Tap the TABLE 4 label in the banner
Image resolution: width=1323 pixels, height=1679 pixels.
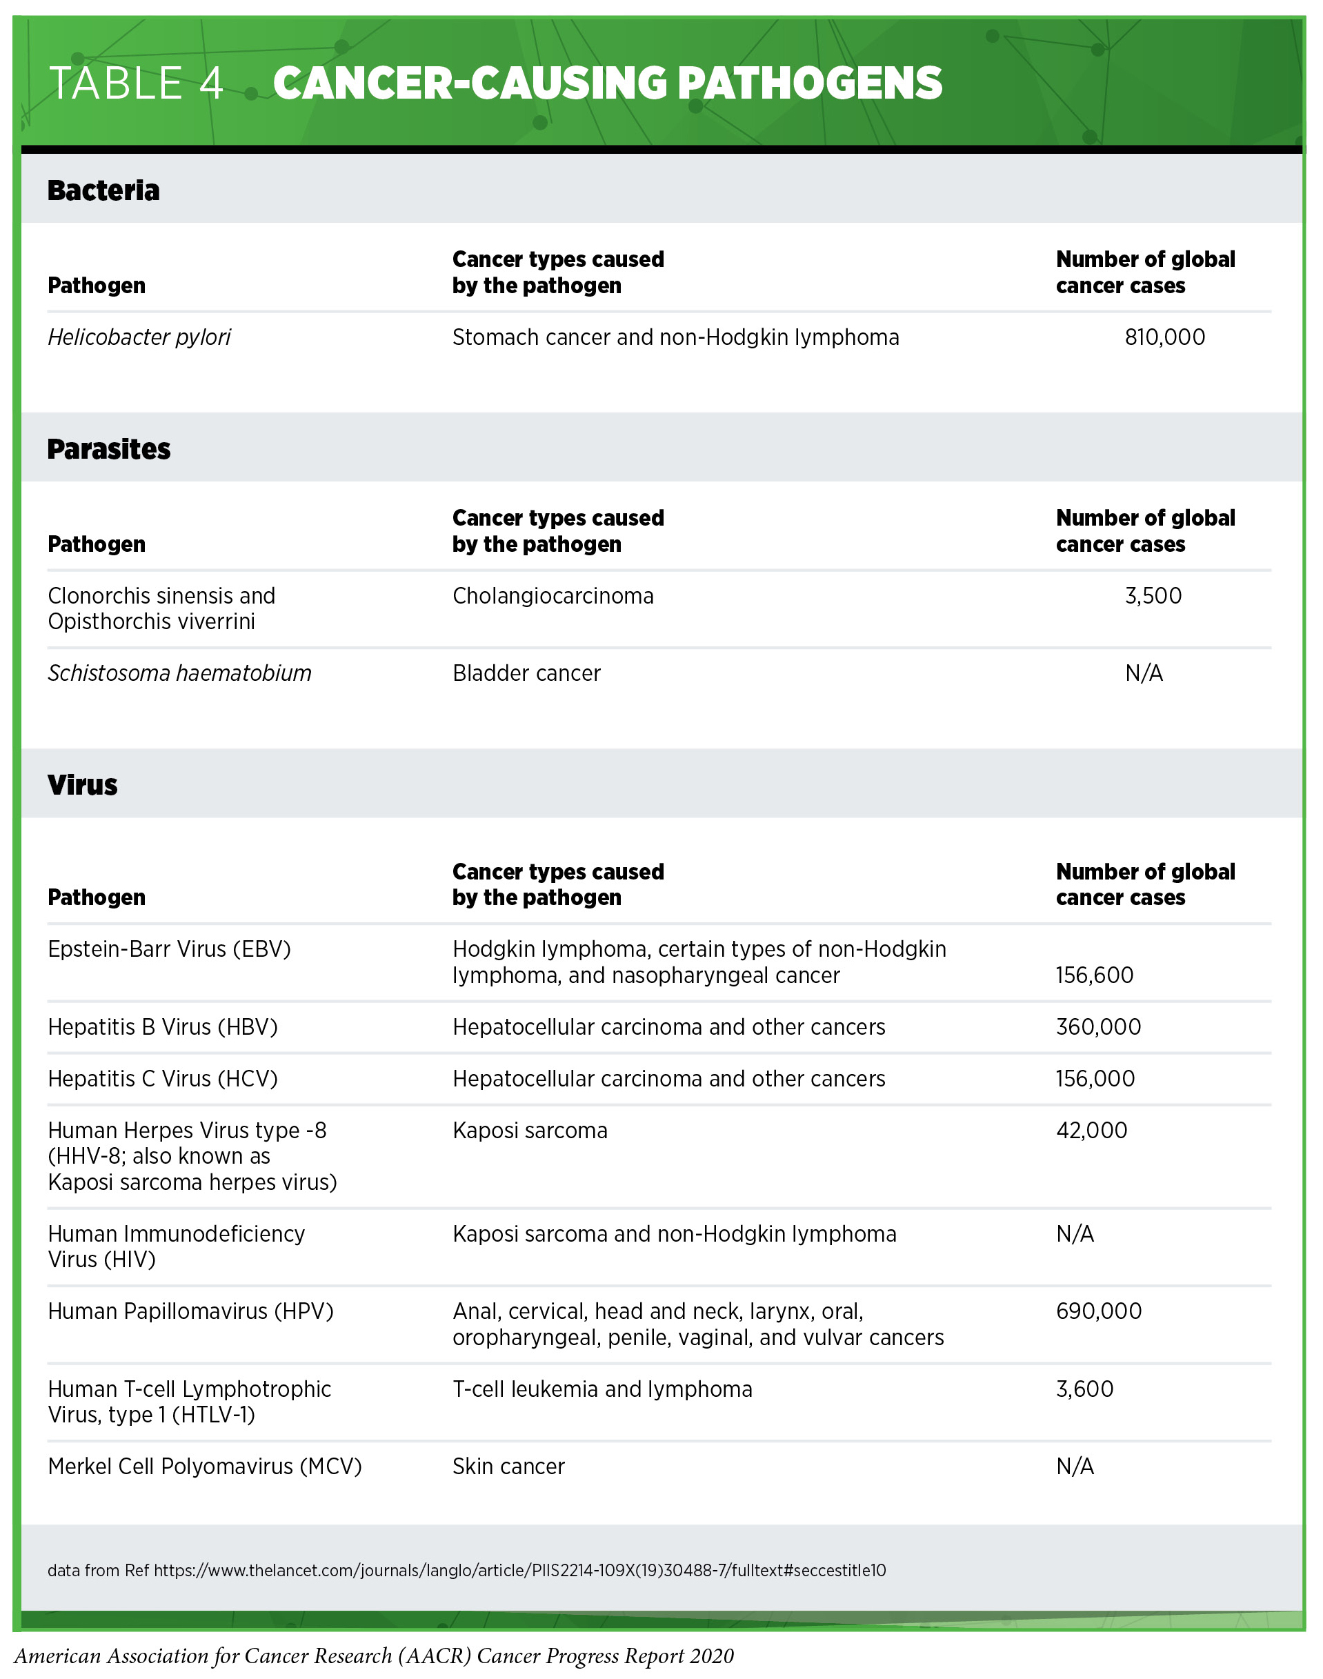[x=137, y=83]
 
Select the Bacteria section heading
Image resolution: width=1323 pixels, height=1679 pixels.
[x=103, y=190]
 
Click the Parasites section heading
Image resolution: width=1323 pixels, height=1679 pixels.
[x=108, y=449]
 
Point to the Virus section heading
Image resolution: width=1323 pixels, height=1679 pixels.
[x=82, y=785]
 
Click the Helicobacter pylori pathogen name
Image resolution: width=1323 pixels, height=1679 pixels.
[x=139, y=337]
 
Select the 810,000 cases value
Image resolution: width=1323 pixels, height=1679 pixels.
[x=1164, y=337]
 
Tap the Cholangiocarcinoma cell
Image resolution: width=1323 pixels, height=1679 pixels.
[x=553, y=596]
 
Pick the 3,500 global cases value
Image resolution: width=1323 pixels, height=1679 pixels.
[x=1153, y=596]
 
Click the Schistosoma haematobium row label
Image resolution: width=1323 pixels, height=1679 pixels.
[x=180, y=674]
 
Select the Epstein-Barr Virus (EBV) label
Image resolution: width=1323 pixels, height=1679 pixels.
[x=169, y=949]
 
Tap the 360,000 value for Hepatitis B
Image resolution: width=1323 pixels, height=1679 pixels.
[x=1097, y=1028]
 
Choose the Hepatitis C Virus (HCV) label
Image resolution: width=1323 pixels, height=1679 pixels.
[x=163, y=1079]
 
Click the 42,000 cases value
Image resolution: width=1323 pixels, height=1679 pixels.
[x=1091, y=1131]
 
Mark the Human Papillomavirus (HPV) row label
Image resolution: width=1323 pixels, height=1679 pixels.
[x=190, y=1311]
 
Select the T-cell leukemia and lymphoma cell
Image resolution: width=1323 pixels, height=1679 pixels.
[x=602, y=1389]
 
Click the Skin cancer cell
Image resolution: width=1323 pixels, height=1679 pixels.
[x=508, y=1467]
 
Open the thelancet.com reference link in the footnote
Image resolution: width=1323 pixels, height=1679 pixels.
[x=519, y=1571]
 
